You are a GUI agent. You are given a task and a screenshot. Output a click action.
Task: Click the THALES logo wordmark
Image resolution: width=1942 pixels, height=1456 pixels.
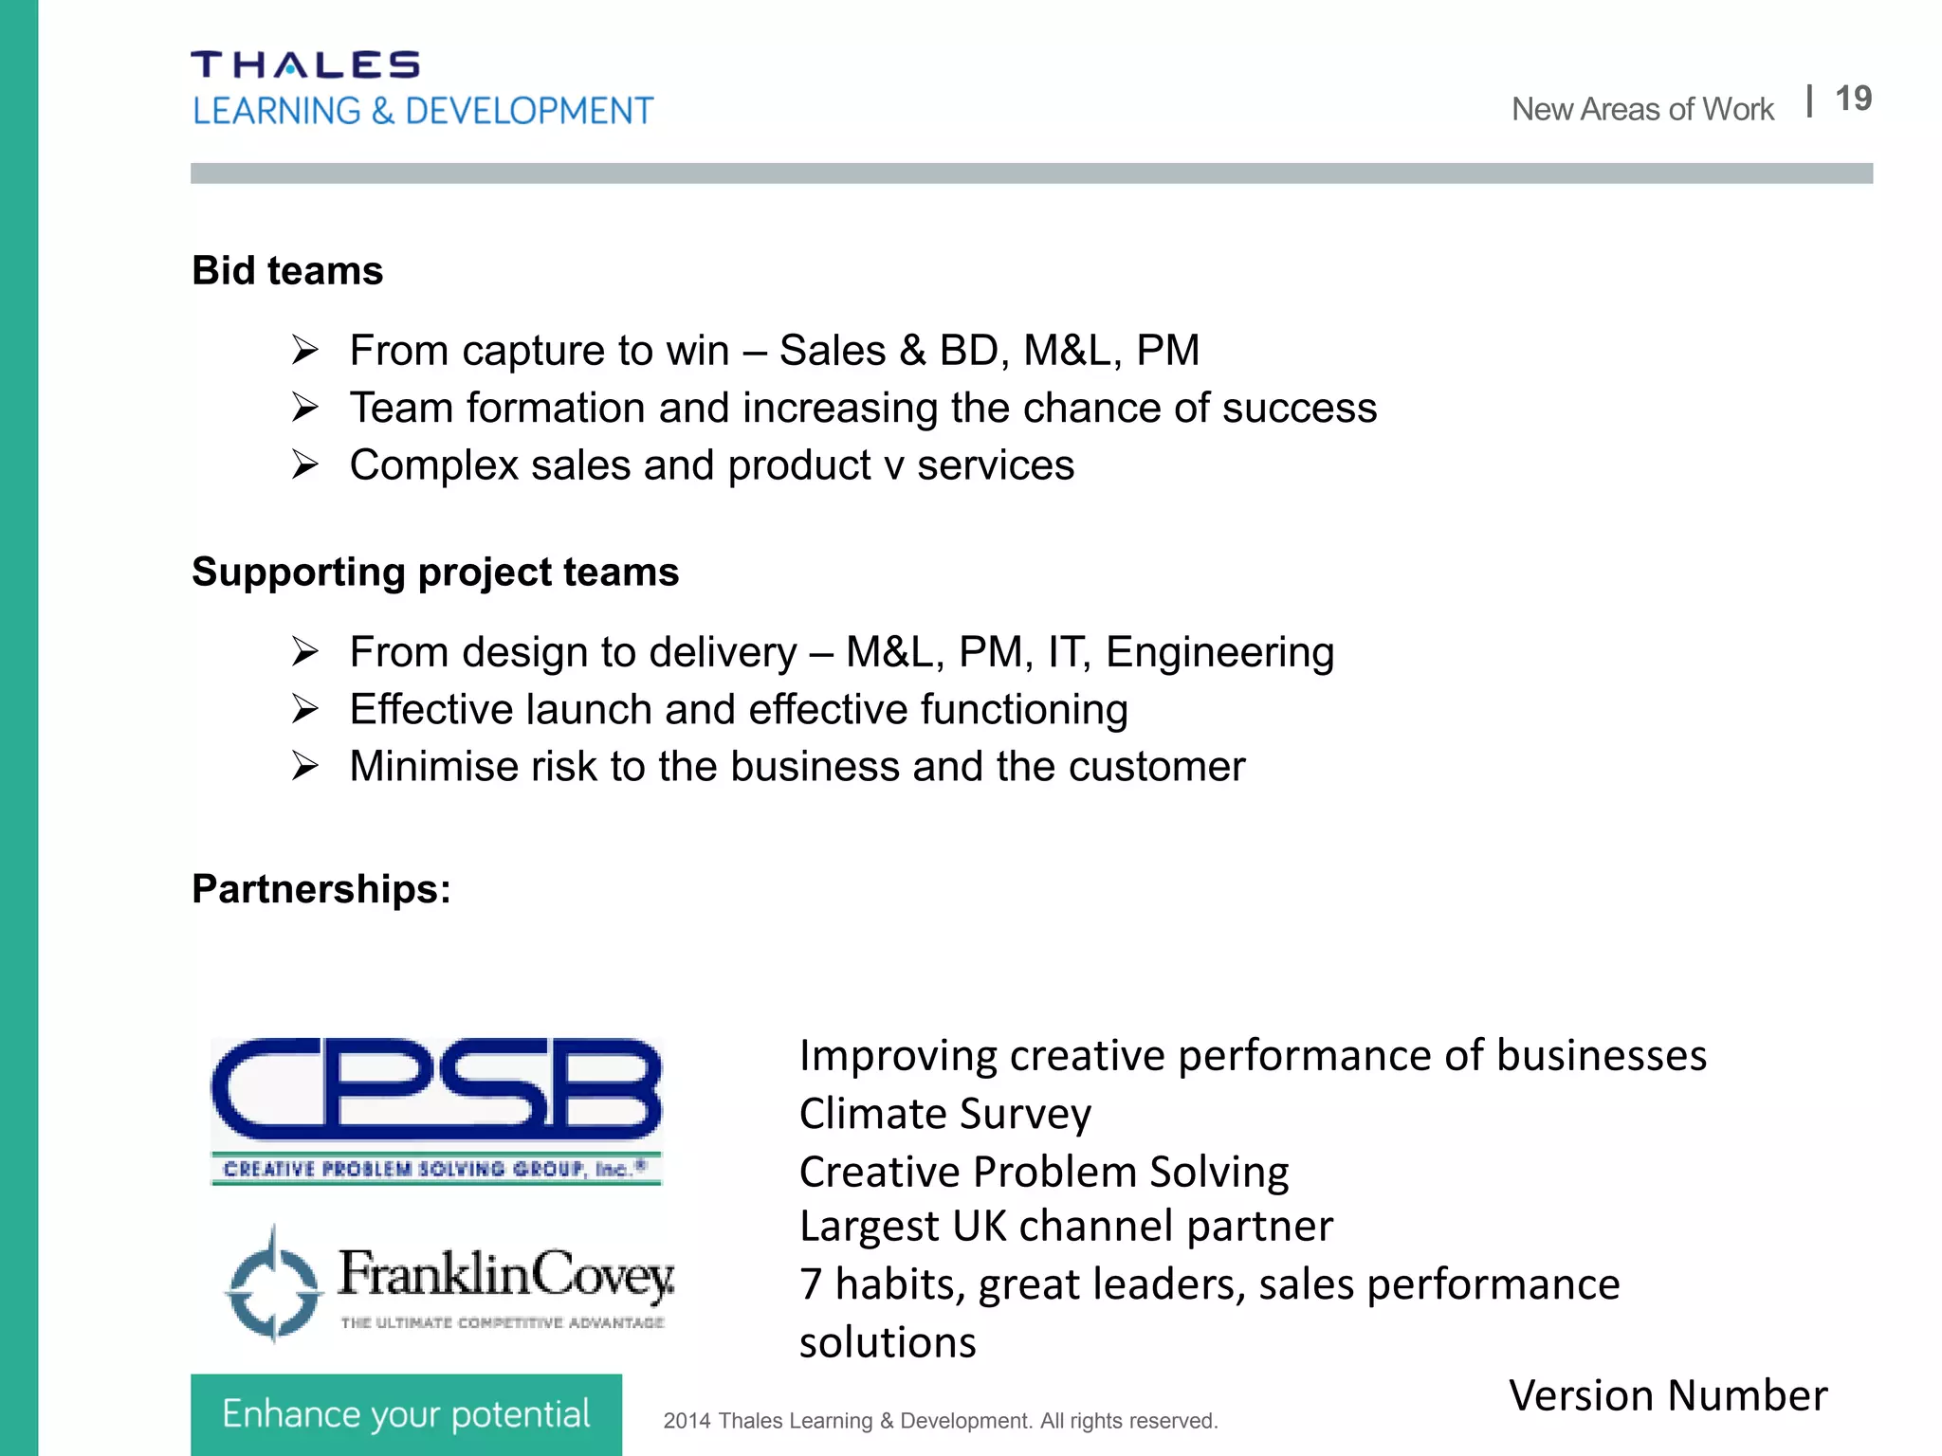(x=304, y=64)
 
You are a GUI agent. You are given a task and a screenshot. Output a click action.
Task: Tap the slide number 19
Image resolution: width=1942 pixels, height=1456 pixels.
(x=1853, y=99)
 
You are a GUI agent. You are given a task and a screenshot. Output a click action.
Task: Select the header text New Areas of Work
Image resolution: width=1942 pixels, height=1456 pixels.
(x=1642, y=110)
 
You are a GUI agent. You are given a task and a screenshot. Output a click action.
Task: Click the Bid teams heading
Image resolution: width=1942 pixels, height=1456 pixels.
(x=287, y=271)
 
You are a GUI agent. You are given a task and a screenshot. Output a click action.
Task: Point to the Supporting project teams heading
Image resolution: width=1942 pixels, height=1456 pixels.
(x=435, y=573)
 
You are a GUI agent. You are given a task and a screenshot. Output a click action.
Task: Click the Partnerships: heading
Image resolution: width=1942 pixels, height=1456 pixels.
(x=321, y=889)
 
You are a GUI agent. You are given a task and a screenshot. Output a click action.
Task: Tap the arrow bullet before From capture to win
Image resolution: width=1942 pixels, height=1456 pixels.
(x=305, y=351)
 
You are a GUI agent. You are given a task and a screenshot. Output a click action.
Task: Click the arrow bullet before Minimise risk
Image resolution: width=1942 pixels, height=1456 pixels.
(x=305, y=766)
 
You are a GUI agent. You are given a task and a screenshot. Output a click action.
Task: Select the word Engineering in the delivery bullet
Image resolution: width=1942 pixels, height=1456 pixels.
(x=1219, y=652)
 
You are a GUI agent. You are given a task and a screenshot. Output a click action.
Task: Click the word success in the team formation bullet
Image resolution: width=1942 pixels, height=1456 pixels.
(x=1299, y=409)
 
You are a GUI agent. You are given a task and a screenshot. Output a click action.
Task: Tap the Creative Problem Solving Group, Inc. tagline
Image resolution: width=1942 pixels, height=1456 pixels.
(x=435, y=1169)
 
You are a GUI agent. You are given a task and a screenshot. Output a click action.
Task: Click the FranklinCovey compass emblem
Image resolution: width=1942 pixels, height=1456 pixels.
(x=273, y=1285)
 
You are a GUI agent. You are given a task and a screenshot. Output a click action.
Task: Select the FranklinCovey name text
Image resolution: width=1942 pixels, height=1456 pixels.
(x=506, y=1274)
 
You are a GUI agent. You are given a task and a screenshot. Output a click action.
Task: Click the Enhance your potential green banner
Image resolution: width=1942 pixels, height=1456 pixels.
(x=406, y=1414)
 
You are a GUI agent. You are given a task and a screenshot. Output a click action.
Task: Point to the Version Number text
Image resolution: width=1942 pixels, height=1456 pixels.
(x=1668, y=1396)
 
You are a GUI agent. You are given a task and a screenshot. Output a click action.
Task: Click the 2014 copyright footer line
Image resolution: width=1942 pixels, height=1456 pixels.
(x=940, y=1421)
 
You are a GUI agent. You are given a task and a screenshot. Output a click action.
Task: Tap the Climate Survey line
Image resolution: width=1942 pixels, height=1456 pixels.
(x=944, y=1114)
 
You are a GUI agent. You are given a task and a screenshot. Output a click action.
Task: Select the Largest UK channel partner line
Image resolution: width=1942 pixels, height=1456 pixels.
(x=1066, y=1227)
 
